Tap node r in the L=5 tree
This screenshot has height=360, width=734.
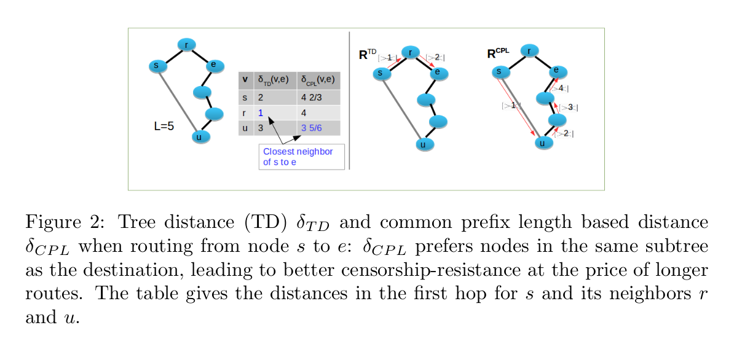(186, 44)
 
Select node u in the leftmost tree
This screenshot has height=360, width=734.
(199, 136)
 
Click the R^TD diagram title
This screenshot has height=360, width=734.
(368, 55)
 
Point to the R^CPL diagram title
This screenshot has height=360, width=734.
(499, 53)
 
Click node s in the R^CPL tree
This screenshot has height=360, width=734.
(499, 72)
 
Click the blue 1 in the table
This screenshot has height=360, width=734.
(261, 113)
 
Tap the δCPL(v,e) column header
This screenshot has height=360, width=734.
(319, 80)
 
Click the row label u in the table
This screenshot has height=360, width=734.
(245, 127)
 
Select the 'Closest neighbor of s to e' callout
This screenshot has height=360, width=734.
(301, 157)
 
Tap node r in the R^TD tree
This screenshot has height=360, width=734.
(410, 52)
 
